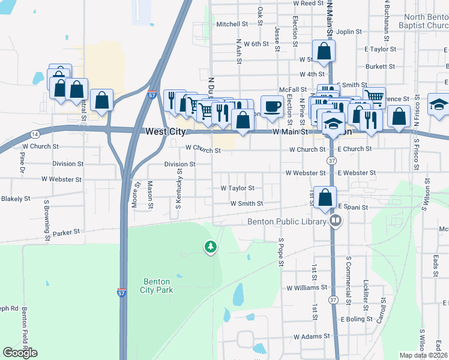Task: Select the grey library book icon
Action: [x=335, y=221]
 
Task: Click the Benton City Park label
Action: [x=157, y=286]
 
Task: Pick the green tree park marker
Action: [x=210, y=247]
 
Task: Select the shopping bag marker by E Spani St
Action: [x=325, y=197]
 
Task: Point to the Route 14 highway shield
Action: [x=36, y=134]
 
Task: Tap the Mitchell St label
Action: [x=232, y=25]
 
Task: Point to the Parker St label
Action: [x=66, y=232]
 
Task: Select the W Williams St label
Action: [x=306, y=288]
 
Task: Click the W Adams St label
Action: [x=311, y=337]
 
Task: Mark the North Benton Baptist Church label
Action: [x=426, y=22]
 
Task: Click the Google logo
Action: [x=20, y=353]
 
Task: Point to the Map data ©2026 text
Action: [x=423, y=355]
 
